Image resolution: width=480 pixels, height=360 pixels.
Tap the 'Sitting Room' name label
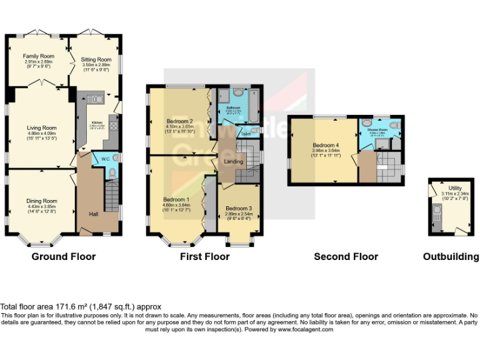coord(96,59)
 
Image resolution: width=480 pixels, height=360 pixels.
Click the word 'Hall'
coord(93,214)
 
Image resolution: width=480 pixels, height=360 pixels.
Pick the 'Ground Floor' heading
coord(63,256)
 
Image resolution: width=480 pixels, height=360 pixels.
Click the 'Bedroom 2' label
coord(179,121)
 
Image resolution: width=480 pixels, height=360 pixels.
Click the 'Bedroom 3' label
coord(239,208)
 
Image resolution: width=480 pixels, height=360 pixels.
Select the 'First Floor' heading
coord(204,256)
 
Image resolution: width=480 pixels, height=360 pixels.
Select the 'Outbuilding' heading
coord(451,256)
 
